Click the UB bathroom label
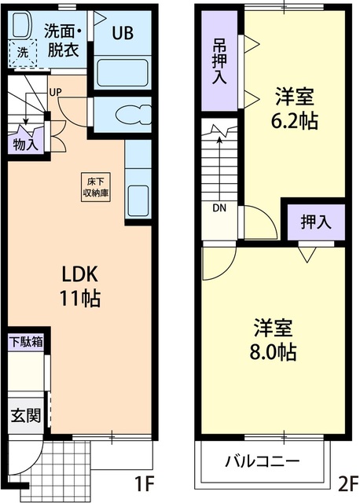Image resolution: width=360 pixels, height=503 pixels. [x=122, y=33]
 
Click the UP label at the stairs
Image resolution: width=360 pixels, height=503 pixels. [x=56, y=92]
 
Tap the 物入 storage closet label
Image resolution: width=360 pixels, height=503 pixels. [x=25, y=144]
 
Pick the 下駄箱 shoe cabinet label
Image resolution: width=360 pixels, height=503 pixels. [x=26, y=342]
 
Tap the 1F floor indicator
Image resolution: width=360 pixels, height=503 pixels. [x=142, y=481]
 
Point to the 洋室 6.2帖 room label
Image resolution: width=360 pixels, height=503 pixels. [x=295, y=110]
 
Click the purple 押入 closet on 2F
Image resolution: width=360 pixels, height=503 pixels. [x=316, y=222]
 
